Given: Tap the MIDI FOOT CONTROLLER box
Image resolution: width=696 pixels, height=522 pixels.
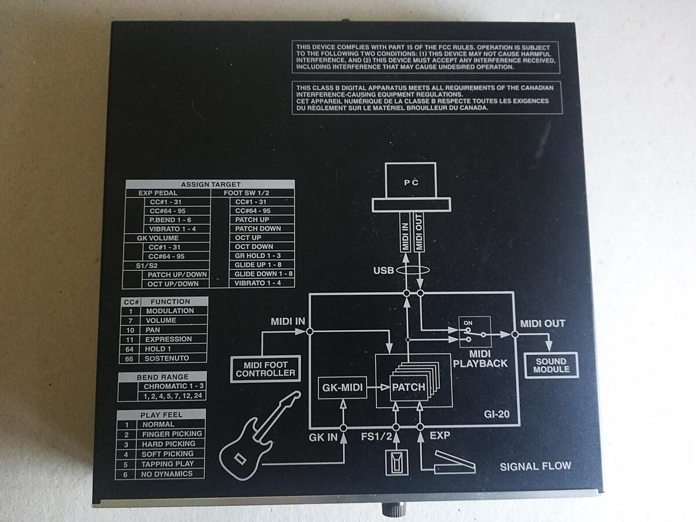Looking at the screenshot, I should (266, 369).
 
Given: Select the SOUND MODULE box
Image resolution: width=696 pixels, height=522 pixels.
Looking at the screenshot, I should (551, 365).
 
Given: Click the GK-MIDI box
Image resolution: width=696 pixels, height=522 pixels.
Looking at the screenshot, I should (343, 387).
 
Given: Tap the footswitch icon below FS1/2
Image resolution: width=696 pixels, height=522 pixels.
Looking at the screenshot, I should (397, 463).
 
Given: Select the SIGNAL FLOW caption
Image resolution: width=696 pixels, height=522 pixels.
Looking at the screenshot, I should (535, 466).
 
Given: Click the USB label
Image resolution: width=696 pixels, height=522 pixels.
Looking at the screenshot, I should (383, 270).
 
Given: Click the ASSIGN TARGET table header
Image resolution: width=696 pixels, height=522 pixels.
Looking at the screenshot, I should (211, 184).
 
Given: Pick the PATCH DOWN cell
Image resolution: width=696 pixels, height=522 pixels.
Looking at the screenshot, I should (258, 229).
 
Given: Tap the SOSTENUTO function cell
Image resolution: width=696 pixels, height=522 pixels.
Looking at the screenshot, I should (167, 358).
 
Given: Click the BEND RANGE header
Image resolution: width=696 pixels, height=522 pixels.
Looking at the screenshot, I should (162, 377).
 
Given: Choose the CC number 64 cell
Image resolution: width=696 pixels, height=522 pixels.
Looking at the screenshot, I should (131, 349).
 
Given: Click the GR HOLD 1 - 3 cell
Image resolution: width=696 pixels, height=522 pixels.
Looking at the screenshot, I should (258, 256).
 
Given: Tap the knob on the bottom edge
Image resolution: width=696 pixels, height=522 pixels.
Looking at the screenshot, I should (388, 510).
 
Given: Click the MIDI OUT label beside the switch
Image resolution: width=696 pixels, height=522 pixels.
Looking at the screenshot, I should (542, 324).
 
